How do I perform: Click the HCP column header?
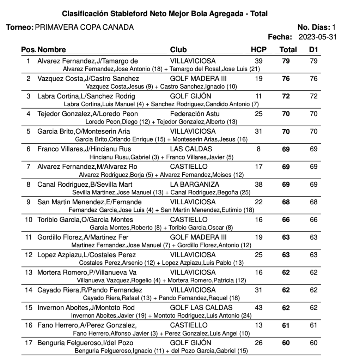(x=258, y=50)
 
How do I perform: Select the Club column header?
(x=178, y=50)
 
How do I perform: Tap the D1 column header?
(x=313, y=50)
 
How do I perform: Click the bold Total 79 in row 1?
(x=286, y=61)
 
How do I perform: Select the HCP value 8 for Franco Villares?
(x=258, y=149)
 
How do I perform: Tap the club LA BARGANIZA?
(x=194, y=184)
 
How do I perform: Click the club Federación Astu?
(x=195, y=114)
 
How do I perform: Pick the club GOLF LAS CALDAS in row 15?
(x=201, y=307)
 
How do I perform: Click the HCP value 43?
(x=258, y=307)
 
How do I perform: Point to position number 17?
(x=29, y=343)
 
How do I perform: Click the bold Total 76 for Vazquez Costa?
(x=286, y=79)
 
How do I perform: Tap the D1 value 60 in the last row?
(x=313, y=343)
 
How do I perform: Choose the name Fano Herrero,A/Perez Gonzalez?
(x=87, y=325)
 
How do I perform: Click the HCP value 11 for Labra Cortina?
(x=258, y=96)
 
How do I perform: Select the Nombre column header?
(x=51, y=50)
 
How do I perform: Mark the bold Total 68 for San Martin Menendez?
(x=286, y=202)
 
